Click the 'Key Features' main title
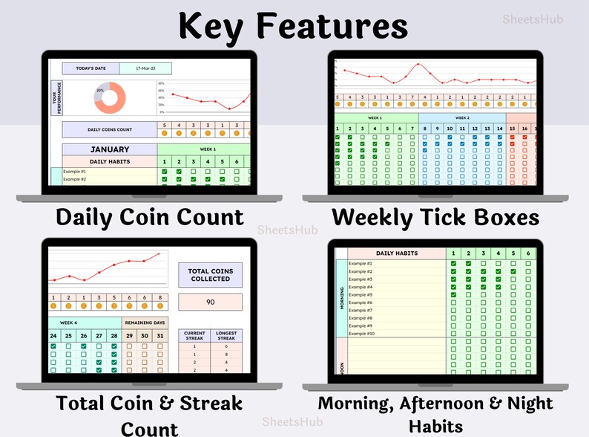[293, 26]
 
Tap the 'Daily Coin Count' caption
[150, 216]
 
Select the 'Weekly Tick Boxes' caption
[435, 217]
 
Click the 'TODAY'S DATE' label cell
[91, 68]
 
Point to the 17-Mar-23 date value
[145, 68]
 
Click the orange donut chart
[111, 96]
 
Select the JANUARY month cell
[109, 149]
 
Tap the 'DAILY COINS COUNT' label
[109, 130]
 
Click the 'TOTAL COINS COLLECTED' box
[211, 274]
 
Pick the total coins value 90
[211, 302]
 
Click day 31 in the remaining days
[160, 336]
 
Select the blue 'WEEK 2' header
[461, 117]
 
